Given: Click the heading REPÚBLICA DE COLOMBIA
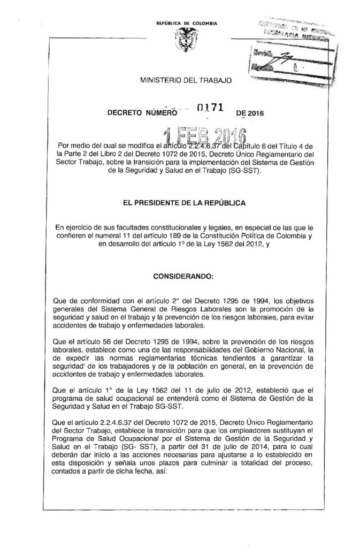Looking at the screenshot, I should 179,24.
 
